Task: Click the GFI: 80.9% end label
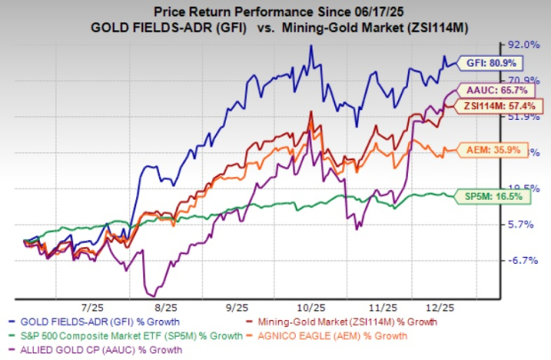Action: [x=493, y=63]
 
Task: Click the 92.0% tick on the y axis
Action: [x=523, y=44]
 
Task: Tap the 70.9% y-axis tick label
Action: [x=523, y=79]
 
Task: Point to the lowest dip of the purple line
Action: [x=157, y=294]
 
